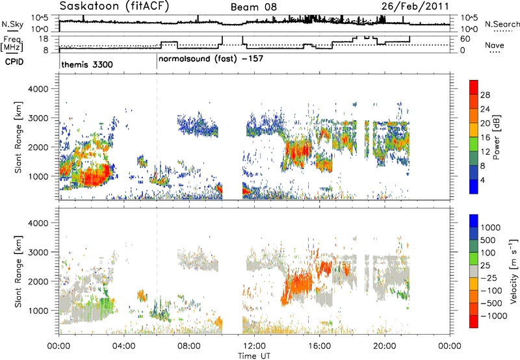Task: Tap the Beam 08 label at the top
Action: coord(253,7)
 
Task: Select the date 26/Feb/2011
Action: coord(415,6)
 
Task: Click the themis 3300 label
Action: coord(87,64)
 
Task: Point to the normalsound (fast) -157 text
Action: coord(211,59)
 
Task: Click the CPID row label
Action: coord(14,62)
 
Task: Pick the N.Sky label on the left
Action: coord(12,24)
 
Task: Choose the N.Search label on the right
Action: coord(502,24)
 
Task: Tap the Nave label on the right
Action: coord(495,45)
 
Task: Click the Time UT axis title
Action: coord(254,356)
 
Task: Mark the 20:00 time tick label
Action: coord(385,346)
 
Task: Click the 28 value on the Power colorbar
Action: coord(485,95)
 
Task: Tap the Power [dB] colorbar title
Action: coord(497,137)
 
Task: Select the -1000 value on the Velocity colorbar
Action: coord(494,316)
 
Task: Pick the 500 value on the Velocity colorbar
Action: coord(488,240)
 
